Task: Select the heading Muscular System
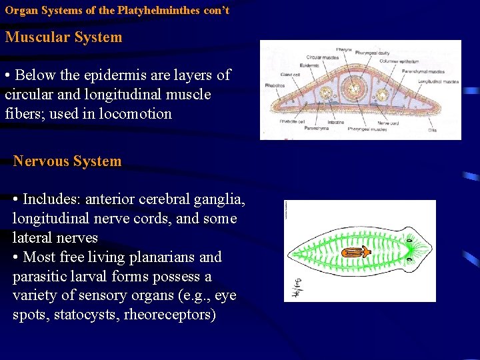tap(64, 37)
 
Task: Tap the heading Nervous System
tap(67, 161)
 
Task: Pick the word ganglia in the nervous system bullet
tap(222, 199)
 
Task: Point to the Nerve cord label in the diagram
tap(387, 122)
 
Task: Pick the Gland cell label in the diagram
tap(290, 74)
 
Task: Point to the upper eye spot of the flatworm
tap(409, 238)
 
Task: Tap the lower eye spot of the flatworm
tap(409, 263)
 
